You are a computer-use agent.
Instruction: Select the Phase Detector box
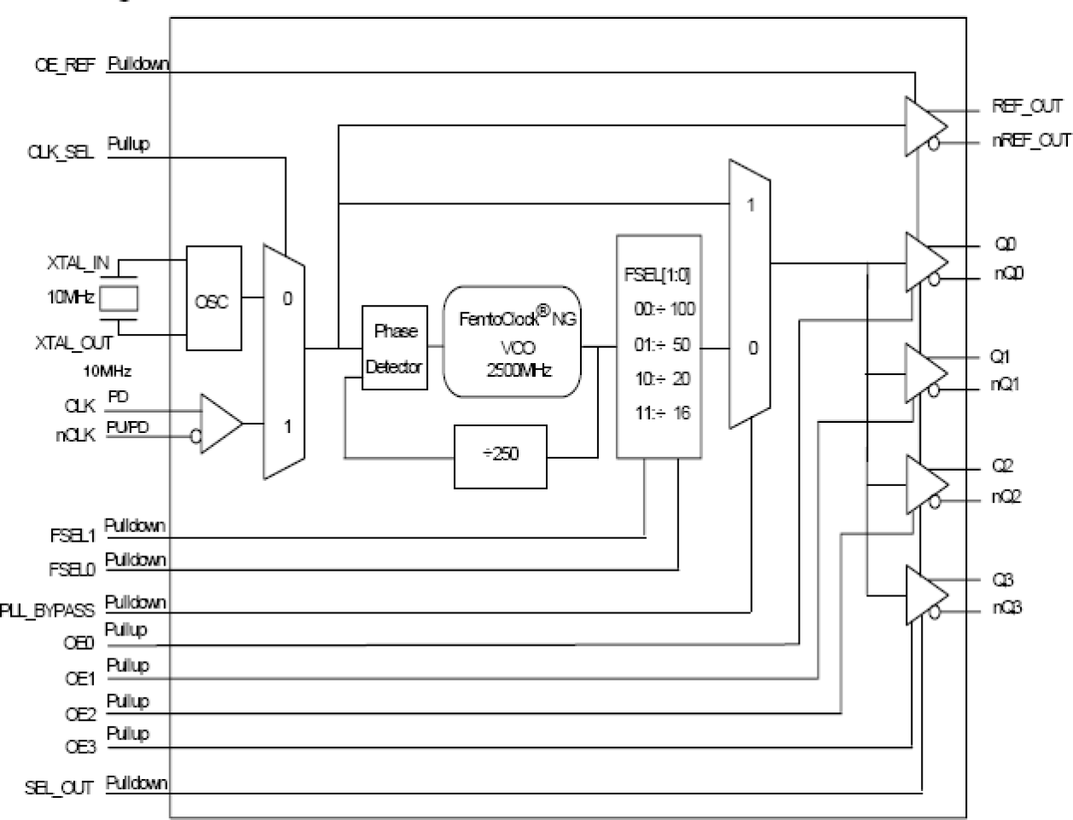point(394,348)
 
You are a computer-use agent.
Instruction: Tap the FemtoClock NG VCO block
point(512,342)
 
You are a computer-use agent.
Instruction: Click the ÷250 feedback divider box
point(500,456)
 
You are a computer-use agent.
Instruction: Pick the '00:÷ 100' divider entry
point(664,309)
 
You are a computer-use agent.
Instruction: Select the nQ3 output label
point(1006,608)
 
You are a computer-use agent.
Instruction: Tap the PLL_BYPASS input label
point(49,612)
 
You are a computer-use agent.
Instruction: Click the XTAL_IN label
point(78,263)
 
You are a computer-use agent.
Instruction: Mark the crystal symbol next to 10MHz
point(119,299)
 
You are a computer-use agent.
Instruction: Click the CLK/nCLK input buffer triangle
point(220,423)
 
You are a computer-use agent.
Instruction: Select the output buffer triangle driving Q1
point(924,373)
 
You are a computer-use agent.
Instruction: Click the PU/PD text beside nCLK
point(127,427)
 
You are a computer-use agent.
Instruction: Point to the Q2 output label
point(1003,466)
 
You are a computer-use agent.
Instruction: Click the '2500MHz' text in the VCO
point(519,371)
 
